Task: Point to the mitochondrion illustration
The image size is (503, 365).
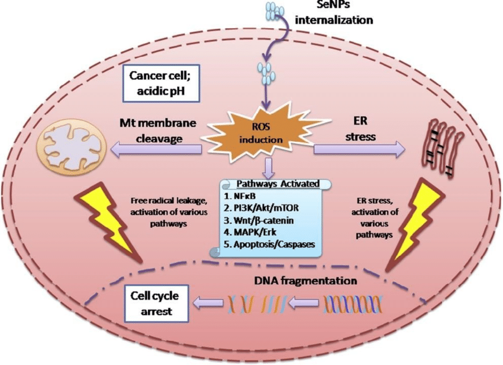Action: (67, 143)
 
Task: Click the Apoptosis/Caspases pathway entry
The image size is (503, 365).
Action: (269, 243)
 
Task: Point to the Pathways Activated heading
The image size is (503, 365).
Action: (273, 184)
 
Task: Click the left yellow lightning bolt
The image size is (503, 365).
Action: (115, 221)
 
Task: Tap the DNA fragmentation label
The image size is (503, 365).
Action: (306, 281)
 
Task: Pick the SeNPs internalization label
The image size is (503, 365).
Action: (334, 13)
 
